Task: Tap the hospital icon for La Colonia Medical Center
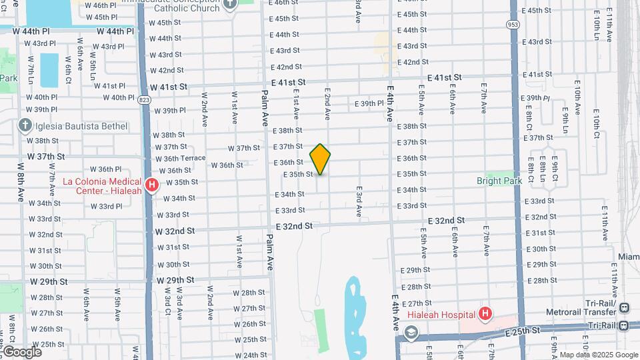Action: [x=152, y=185]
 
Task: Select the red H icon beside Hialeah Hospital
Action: [x=485, y=313]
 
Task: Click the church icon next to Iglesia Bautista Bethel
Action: [x=25, y=125]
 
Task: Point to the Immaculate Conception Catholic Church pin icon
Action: [x=230, y=4]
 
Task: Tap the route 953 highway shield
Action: [x=513, y=25]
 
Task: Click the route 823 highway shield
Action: [x=144, y=100]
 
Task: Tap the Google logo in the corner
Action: [x=22, y=351]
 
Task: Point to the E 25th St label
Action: [x=522, y=331]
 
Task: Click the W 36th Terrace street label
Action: [x=181, y=159]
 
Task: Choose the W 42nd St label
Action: [x=166, y=70]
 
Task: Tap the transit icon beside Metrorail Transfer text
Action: [x=624, y=308]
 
